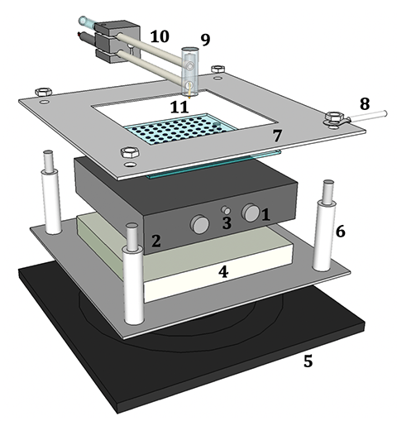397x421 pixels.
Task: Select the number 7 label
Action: pyautogui.click(x=277, y=134)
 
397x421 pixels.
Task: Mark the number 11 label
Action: pyautogui.click(x=179, y=106)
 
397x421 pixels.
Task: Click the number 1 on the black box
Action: pyautogui.click(x=266, y=214)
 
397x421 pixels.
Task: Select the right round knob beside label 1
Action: pyautogui.click(x=250, y=213)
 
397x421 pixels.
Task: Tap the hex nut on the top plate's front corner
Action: pyautogui.click(x=128, y=153)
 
